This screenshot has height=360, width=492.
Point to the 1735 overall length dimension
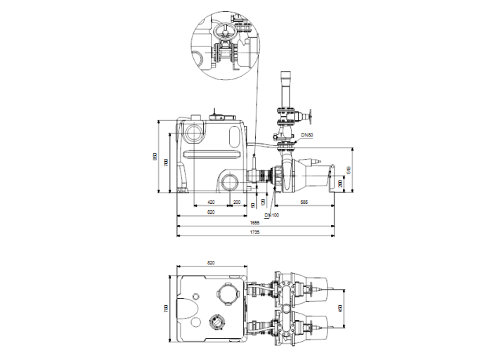click(x=254, y=233)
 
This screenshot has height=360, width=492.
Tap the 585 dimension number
click(x=304, y=202)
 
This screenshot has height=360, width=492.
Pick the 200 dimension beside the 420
click(x=237, y=202)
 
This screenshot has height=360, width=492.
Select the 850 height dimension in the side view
click(x=156, y=156)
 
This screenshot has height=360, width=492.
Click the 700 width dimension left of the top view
click(x=167, y=307)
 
